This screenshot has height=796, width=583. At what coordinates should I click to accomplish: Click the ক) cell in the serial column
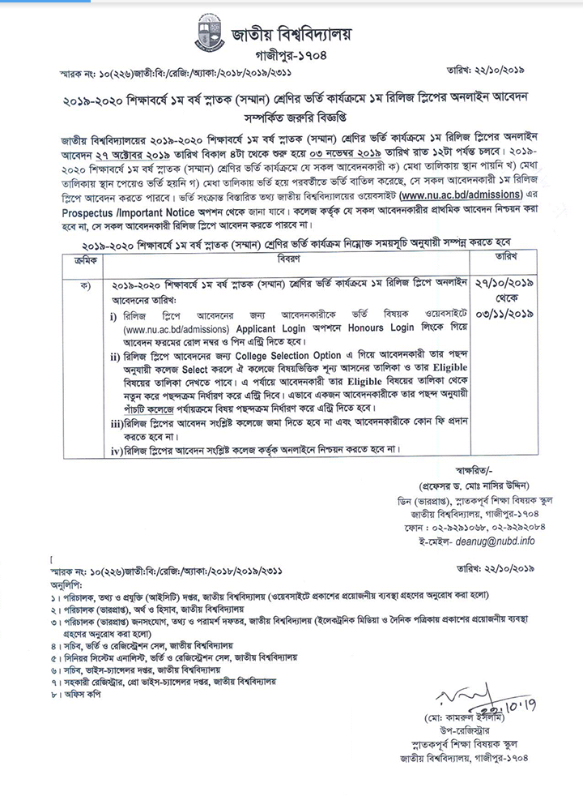pyautogui.click(x=83, y=285)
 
